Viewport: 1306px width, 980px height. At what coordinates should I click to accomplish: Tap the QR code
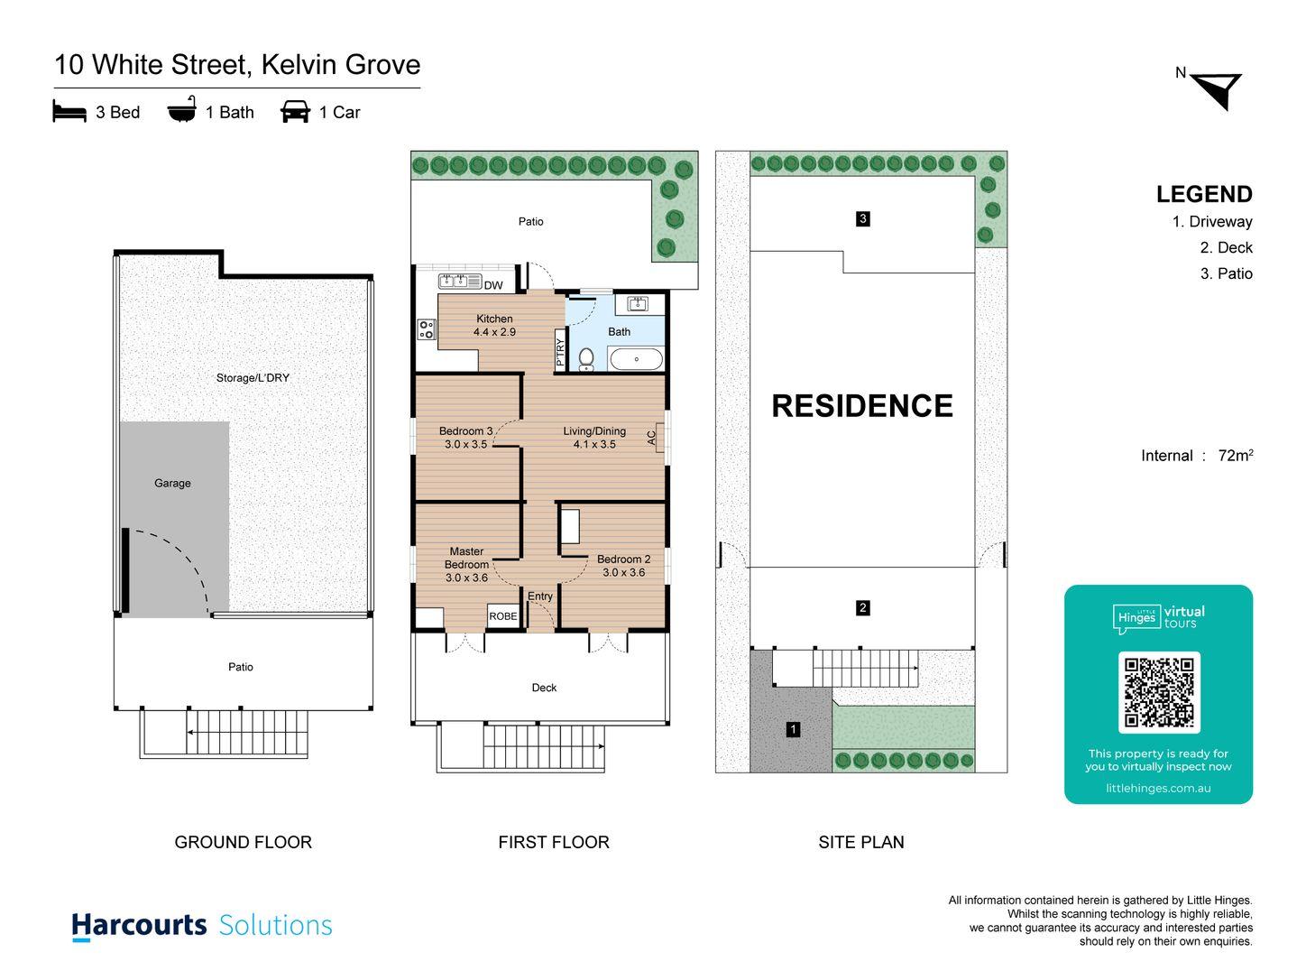click(1159, 692)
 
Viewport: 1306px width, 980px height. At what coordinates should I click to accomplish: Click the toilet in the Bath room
click(586, 359)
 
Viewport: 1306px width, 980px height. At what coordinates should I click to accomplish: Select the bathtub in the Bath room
click(636, 359)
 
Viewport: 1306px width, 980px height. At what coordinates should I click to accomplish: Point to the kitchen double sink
click(460, 281)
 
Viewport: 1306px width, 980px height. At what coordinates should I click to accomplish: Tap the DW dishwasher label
click(493, 286)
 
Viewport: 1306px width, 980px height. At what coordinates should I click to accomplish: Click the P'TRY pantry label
click(560, 350)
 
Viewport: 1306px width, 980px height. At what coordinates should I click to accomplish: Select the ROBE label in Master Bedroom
click(503, 616)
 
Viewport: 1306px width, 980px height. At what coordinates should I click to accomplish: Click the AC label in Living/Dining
click(651, 438)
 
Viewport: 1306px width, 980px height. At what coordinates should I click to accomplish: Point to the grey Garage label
click(172, 484)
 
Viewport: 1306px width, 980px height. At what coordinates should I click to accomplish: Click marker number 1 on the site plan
click(793, 729)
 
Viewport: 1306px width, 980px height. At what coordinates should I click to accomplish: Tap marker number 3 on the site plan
click(863, 218)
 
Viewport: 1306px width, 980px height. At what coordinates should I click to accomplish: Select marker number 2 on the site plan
click(863, 608)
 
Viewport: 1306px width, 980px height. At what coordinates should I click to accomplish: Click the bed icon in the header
click(69, 112)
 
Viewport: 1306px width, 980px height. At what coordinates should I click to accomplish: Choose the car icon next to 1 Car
click(295, 112)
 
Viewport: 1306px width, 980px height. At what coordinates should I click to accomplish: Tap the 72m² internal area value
click(1235, 456)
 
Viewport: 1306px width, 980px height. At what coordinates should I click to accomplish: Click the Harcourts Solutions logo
click(202, 926)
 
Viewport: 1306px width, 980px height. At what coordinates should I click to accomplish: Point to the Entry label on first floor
click(540, 596)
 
